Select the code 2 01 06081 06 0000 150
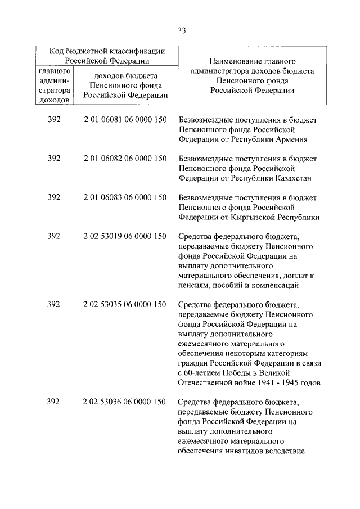pos(124,120)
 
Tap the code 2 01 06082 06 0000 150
pos(124,159)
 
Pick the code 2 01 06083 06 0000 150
pos(124,197)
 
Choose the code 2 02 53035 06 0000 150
pos(124,304)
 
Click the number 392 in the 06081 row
pos(54,120)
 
